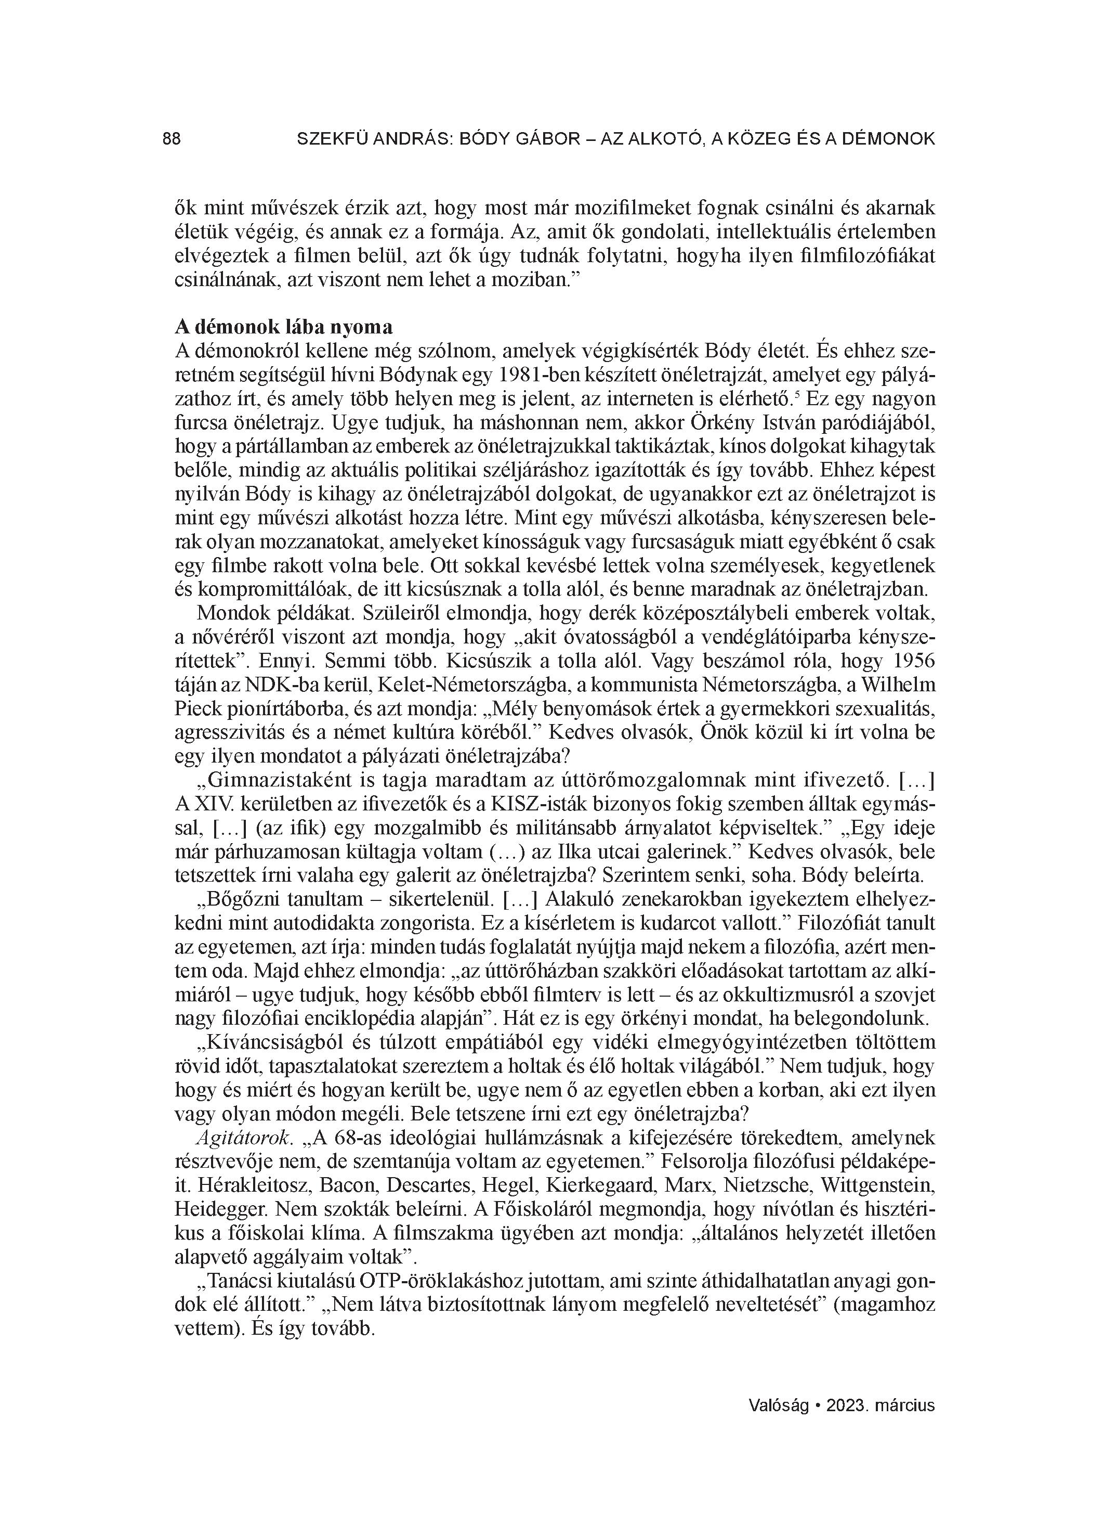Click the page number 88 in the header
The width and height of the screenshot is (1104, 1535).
[x=172, y=139]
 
